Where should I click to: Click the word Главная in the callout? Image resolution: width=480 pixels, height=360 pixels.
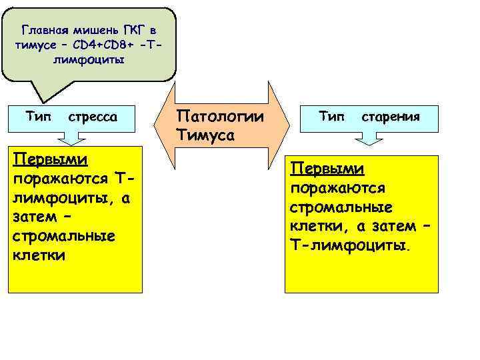tap(44, 30)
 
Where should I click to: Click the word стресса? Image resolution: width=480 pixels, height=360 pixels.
tap(93, 117)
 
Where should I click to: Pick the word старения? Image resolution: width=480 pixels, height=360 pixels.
tap(390, 117)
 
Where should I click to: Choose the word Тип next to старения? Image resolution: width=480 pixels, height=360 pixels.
tap(331, 117)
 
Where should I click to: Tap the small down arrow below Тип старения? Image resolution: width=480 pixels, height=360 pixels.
tap(367, 139)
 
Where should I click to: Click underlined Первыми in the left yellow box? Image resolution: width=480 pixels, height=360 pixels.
tap(51, 161)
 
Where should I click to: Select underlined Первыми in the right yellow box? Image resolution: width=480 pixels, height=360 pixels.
tap(327, 167)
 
